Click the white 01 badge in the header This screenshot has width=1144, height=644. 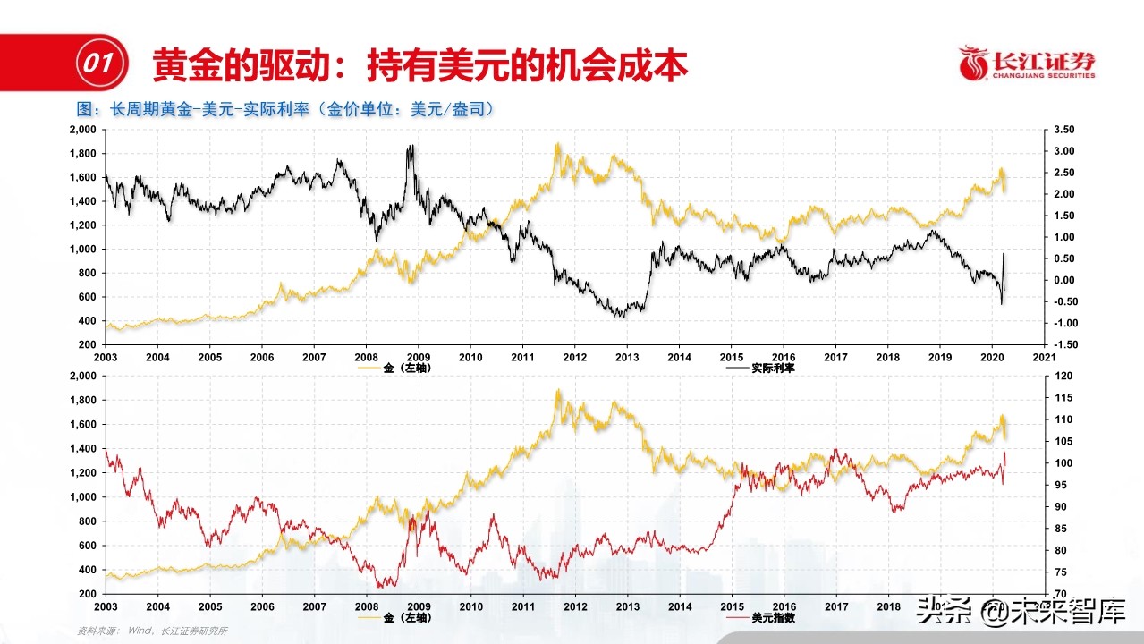pyautogui.click(x=96, y=64)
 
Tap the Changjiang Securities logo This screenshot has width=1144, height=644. pyautogui.click(x=1027, y=64)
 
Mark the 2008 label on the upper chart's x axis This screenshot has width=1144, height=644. pyautogui.click(x=366, y=357)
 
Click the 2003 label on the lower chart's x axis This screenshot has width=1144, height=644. pyautogui.click(x=106, y=606)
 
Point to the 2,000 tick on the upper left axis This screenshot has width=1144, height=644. pyautogui.click(x=82, y=130)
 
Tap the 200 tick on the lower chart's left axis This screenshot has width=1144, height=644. pyautogui.click(x=88, y=594)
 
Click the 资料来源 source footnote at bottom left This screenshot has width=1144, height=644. pyautogui.click(x=152, y=631)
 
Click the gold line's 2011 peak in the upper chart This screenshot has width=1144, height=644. pyautogui.click(x=558, y=145)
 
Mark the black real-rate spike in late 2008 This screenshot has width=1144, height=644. pyautogui.click(x=411, y=148)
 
